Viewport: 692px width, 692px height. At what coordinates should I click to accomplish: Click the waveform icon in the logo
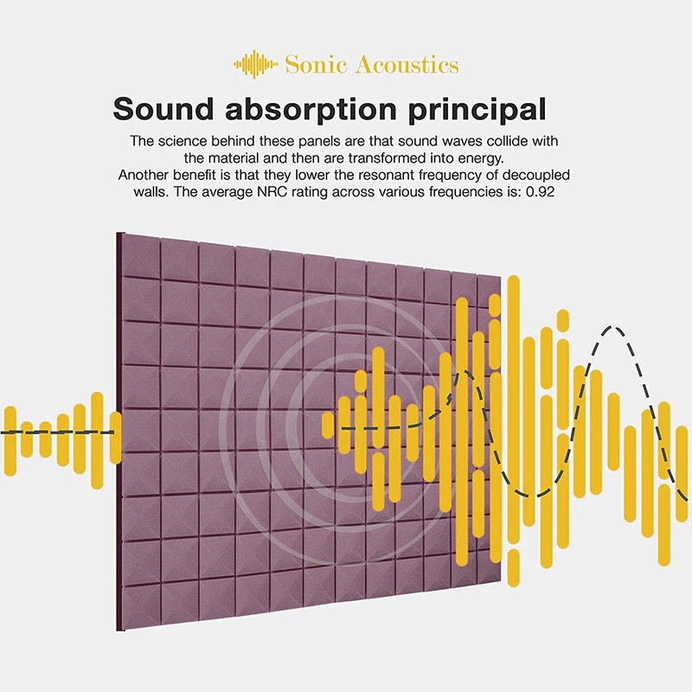click(x=255, y=64)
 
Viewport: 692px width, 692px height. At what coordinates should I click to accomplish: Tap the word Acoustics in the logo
click(x=407, y=64)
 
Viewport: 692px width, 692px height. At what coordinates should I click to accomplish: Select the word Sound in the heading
click(x=163, y=109)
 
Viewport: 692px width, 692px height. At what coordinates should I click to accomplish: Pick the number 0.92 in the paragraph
click(x=540, y=192)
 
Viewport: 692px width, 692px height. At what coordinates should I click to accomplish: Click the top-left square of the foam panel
click(x=141, y=256)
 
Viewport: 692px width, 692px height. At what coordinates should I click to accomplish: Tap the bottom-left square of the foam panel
click(x=141, y=606)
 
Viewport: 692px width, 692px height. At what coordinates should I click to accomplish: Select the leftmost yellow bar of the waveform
click(x=10, y=441)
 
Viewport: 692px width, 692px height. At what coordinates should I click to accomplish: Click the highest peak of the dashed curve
click(x=612, y=328)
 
